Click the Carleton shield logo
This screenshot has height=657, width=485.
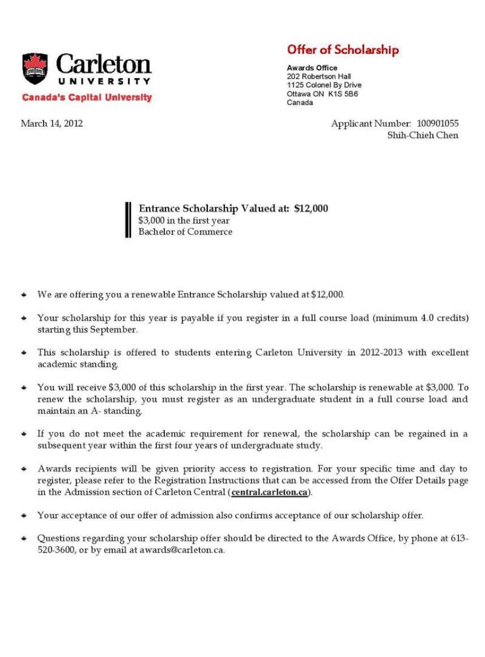[x=35, y=69]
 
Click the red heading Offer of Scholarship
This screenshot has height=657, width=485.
[x=343, y=50]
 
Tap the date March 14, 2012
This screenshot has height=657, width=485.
[x=52, y=123]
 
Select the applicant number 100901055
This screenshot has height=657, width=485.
[x=437, y=123]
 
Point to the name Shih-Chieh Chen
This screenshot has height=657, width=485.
[x=423, y=135]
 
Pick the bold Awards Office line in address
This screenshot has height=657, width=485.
[x=312, y=68]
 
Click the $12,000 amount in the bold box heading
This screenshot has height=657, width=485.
[x=311, y=208]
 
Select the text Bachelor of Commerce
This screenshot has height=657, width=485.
[x=185, y=232]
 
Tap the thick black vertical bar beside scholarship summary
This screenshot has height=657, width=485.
[x=128, y=219]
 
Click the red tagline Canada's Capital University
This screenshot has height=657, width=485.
[x=87, y=97]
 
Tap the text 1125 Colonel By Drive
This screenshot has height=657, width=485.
[x=324, y=85]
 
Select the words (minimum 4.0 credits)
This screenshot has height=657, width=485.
[x=420, y=318]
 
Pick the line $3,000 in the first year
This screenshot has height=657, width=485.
[x=184, y=220]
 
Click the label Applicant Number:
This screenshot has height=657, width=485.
[x=371, y=123]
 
